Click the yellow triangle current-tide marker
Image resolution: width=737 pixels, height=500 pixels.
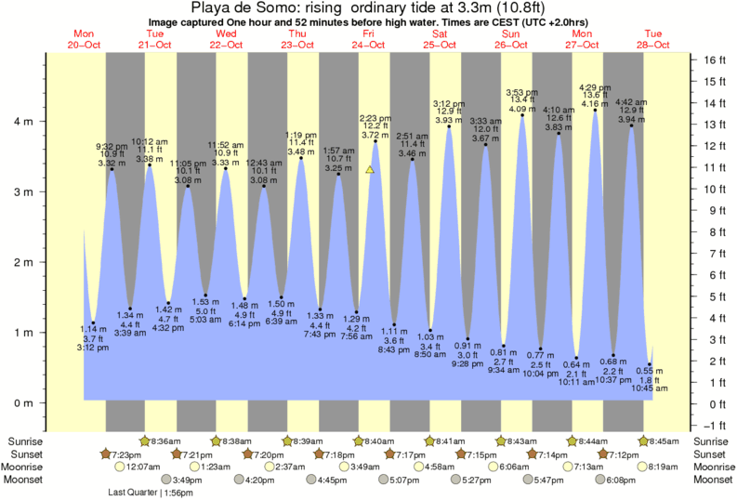[x=370, y=170]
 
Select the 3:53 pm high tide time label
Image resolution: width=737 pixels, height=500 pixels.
[x=521, y=92]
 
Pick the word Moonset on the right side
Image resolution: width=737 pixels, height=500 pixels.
[x=712, y=480]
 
